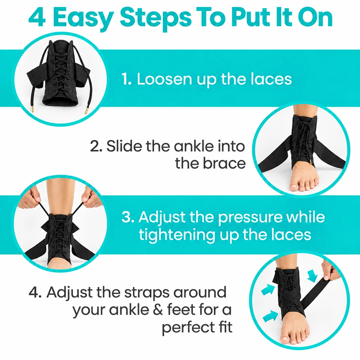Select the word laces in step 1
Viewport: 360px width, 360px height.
(271, 79)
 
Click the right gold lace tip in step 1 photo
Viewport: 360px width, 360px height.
(86, 111)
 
